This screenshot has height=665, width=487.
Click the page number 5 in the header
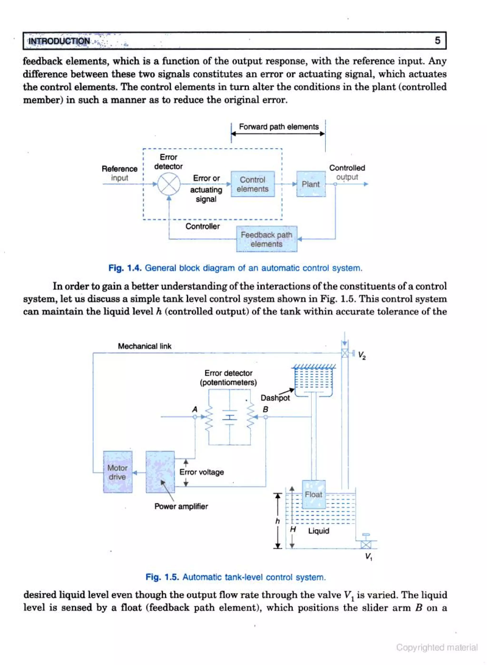[x=438, y=40]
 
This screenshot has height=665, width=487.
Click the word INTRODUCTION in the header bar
[x=59, y=41]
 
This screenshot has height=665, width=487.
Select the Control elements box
[x=253, y=184]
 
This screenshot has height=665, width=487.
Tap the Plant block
[x=311, y=184]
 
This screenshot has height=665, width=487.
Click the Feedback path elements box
[x=267, y=239]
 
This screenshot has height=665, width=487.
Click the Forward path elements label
[x=279, y=127]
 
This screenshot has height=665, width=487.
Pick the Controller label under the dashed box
[x=203, y=226]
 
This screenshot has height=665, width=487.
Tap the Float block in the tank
[x=314, y=494]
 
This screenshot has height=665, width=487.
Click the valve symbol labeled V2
[x=345, y=353]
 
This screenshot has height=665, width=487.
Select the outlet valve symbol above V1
[x=366, y=545]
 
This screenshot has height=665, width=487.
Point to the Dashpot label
[x=275, y=398]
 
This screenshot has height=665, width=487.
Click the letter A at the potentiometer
[x=195, y=409]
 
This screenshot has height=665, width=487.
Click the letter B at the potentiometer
[x=265, y=409]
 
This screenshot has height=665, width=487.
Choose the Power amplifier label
[x=181, y=506]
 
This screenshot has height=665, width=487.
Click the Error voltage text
[x=202, y=472]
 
